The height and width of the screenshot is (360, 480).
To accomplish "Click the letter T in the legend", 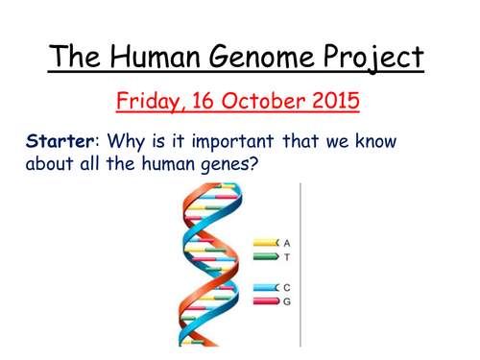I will pyautogui.click(x=287, y=257).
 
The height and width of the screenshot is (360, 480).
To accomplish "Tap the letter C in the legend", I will pyautogui.click(x=287, y=288).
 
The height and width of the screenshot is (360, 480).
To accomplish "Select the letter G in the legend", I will pyautogui.click(x=287, y=302).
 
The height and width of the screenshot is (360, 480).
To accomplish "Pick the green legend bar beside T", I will pyautogui.click(x=265, y=257).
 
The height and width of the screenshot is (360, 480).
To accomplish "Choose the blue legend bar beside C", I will pyautogui.click(x=265, y=288).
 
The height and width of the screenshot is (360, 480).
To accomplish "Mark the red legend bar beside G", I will pyautogui.click(x=265, y=302).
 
